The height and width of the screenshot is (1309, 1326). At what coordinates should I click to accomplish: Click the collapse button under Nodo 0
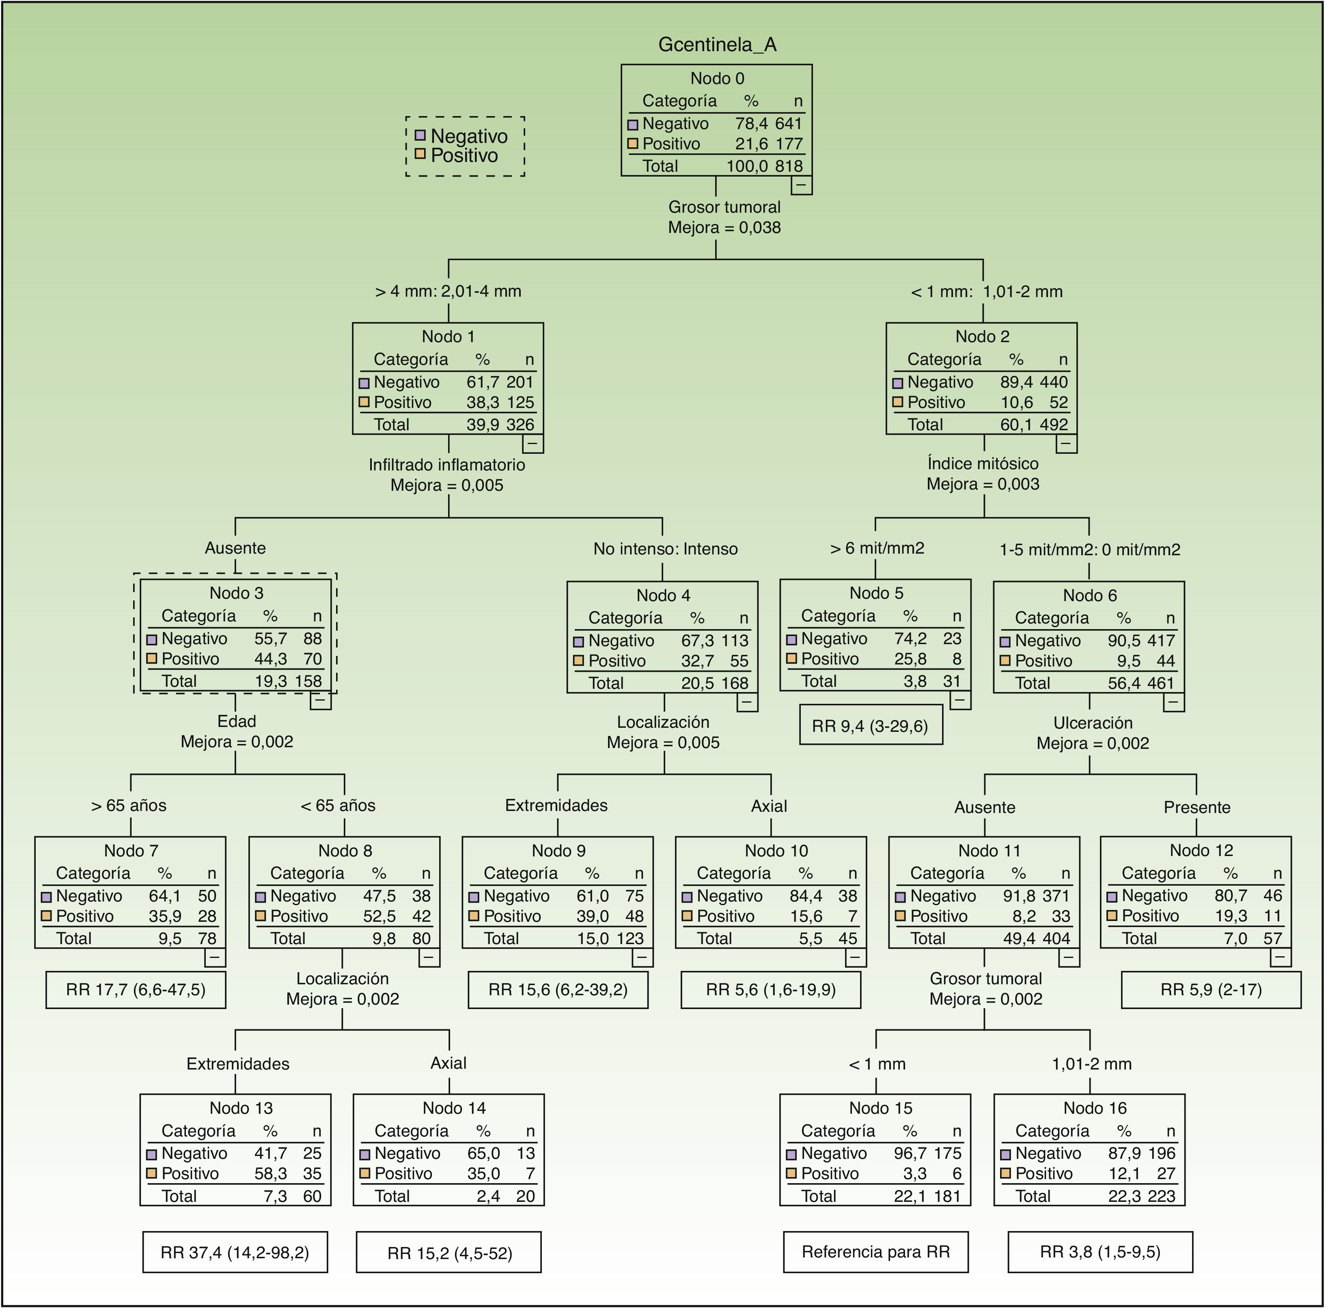tap(801, 185)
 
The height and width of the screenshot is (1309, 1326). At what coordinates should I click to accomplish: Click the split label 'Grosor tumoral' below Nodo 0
tap(724, 207)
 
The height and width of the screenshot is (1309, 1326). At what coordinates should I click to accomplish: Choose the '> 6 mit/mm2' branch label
tap(876, 548)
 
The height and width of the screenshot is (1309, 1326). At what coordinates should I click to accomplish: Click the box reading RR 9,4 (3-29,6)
tap(870, 726)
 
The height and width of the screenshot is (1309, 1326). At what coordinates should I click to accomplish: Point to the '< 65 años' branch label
tap(338, 805)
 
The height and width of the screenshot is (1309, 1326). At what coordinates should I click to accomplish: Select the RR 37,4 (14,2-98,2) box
tap(235, 1253)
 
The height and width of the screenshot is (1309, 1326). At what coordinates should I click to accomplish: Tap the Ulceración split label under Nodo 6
tap(1093, 723)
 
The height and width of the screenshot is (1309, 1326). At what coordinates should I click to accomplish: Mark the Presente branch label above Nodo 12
tap(1197, 807)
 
